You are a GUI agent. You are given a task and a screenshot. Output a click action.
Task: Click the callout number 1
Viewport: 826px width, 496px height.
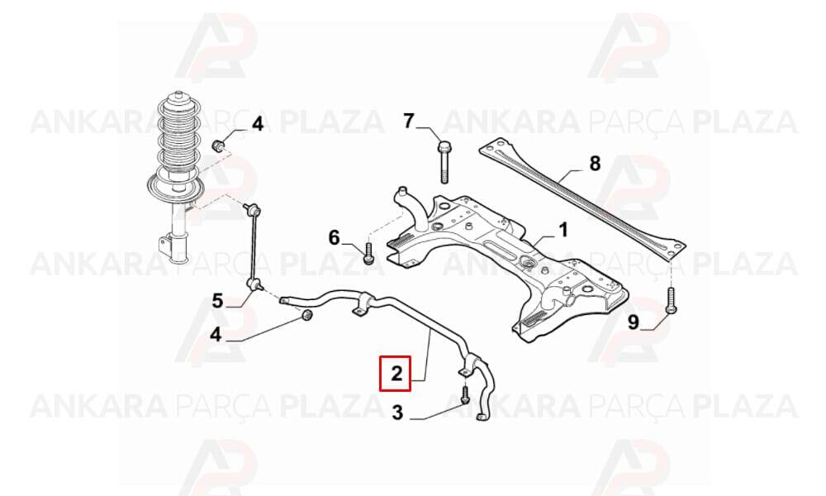(x=563, y=231)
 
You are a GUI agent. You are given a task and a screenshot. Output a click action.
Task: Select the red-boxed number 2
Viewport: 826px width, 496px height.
(x=396, y=374)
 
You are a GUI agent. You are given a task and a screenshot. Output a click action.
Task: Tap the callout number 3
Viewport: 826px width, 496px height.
(x=397, y=413)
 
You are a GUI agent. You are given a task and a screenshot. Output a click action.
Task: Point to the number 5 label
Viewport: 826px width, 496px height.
(x=217, y=301)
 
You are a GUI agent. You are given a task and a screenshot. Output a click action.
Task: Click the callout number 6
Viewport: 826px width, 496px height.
(x=335, y=238)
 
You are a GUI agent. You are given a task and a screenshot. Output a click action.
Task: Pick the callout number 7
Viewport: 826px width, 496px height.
(x=409, y=122)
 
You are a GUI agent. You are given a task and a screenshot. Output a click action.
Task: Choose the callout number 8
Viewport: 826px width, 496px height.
(x=595, y=164)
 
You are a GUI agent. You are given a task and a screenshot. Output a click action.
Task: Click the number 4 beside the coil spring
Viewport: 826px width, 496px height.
(x=257, y=124)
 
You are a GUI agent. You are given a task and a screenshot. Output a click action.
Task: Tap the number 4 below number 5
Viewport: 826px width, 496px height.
(x=216, y=334)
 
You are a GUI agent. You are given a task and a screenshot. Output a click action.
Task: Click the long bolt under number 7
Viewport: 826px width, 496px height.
(x=444, y=161)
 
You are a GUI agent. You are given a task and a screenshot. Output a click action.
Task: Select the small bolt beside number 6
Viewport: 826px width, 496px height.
(x=368, y=253)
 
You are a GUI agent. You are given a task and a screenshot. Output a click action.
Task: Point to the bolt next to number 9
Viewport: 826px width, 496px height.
(x=671, y=300)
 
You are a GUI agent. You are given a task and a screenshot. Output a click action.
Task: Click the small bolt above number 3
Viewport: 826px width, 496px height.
(x=464, y=395)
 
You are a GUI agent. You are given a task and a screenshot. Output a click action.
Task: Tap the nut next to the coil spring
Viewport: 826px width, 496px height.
(x=218, y=145)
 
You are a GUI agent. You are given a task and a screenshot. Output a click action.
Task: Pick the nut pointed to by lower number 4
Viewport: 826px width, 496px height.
(x=306, y=316)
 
